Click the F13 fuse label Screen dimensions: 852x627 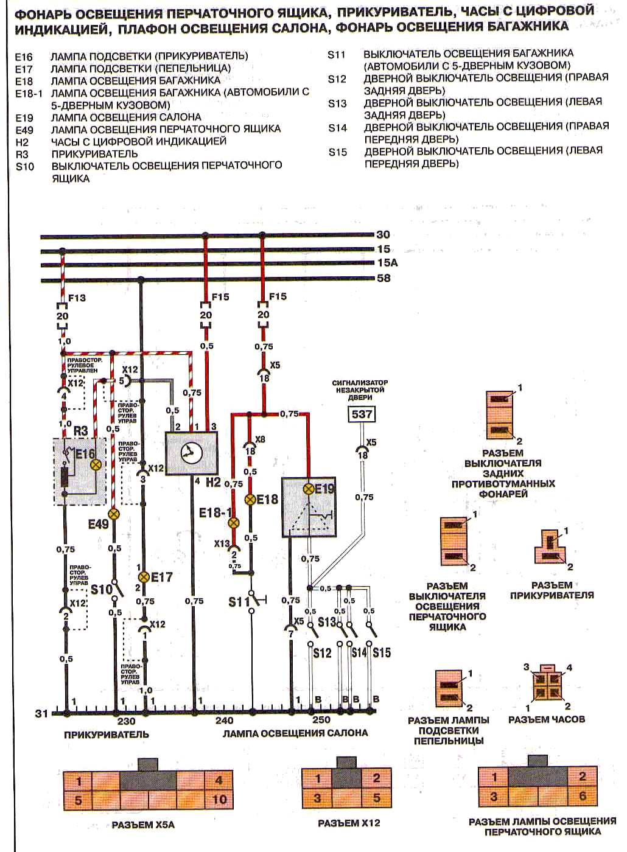[77, 298]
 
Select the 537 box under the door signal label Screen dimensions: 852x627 [361, 415]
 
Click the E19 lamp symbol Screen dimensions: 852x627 [309, 489]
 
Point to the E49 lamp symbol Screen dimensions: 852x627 [113, 514]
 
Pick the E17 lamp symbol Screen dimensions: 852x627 [144, 576]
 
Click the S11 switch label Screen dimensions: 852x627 [239, 602]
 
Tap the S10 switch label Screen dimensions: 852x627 [102, 589]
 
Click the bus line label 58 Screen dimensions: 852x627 [384, 278]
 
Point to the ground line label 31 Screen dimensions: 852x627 [41, 713]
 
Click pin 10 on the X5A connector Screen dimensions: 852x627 [219, 799]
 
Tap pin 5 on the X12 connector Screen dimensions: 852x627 [376, 798]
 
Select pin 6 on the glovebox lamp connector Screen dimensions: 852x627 [583, 796]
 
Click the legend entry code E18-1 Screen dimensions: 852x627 [30, 93]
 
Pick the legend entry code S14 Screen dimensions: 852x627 [337, 128]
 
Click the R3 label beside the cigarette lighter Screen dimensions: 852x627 [80, 430]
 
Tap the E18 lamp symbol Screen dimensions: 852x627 [250, 499]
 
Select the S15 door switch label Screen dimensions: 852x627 [382, 653]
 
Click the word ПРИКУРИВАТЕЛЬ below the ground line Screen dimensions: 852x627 [107, 735]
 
